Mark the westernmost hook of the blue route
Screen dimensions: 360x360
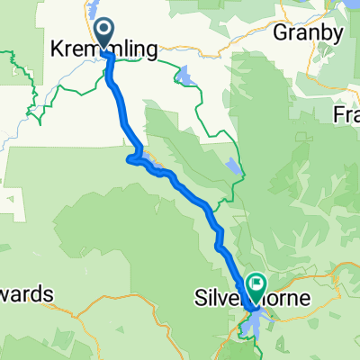tap(130, 160)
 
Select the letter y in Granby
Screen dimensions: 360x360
tap(338, 36)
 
